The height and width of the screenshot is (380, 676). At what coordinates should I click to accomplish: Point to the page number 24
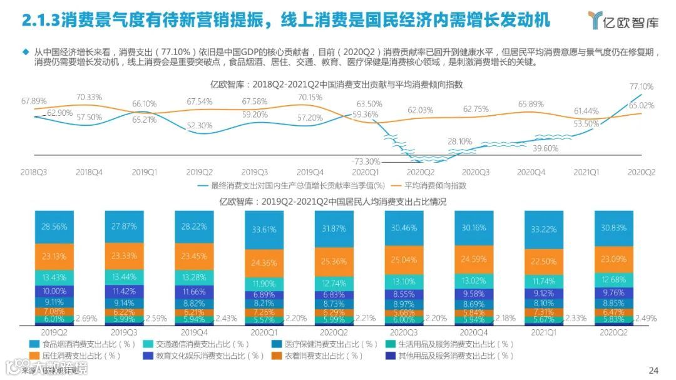click(653, 369)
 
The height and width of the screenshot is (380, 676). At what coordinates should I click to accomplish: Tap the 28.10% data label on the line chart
click(460, 141)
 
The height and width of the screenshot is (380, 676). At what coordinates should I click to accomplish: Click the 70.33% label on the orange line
click(90, 97)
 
